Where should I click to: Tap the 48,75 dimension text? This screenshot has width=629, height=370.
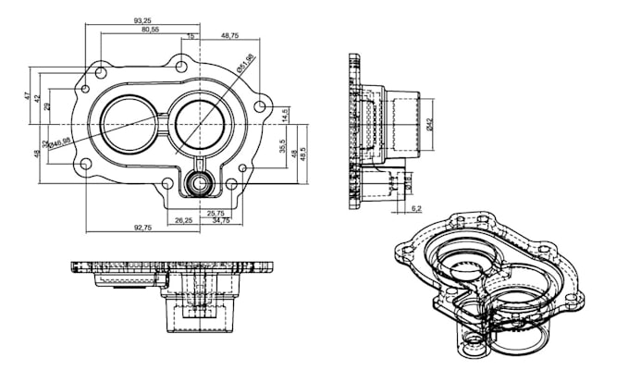(x=230, y=35)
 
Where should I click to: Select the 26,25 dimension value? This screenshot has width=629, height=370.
(x=183, y=220)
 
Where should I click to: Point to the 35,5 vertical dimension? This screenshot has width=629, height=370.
(x=281, y=146)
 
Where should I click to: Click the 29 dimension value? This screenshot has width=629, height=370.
(x=47, y=107)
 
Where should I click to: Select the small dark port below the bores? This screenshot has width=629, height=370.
(x=198, y=183)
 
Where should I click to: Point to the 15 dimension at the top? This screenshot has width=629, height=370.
(x=191, y=36)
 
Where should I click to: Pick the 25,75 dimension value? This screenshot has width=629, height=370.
(x=216, y=213)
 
